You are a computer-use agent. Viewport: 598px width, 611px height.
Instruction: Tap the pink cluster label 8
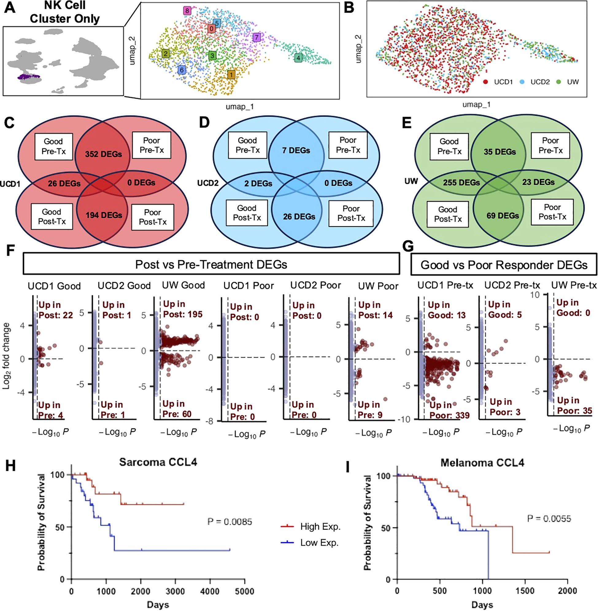(187, 11)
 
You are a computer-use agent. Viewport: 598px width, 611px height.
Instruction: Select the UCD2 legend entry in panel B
(540, 82)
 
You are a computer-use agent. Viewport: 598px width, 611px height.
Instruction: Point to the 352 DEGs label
(103, 154)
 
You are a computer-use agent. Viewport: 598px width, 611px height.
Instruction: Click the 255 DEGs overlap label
(461, 183)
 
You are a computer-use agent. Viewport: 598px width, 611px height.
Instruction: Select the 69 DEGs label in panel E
(503, 216)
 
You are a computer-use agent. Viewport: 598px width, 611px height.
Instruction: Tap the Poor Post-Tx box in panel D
(351, 213)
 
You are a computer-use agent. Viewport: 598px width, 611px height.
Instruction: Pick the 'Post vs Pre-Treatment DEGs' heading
(211, 264)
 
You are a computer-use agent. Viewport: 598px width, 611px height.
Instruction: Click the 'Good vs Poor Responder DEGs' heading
(504, 265)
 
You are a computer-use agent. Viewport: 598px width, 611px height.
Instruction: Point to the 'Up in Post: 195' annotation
(183, 309)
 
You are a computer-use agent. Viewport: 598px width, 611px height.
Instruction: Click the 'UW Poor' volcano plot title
(378, 286)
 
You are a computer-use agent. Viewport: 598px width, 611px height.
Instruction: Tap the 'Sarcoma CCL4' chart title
(158, 462)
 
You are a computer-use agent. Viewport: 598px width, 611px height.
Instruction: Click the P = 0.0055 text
(549, 518)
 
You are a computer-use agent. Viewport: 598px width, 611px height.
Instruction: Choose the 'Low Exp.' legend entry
(319, 543)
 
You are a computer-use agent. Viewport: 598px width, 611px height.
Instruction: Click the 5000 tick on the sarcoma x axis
(244, 591)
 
